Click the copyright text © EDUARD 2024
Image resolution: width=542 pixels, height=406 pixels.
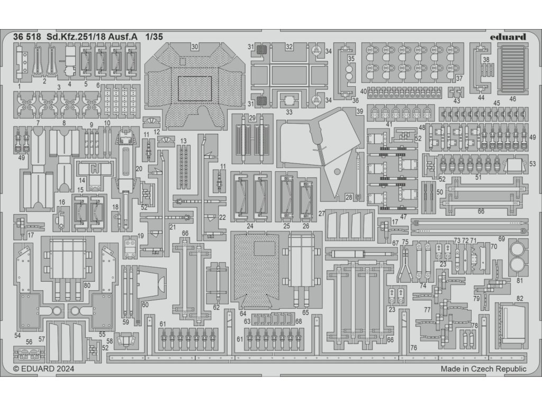click(x=40, y=369)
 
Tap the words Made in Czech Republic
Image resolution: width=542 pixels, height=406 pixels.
click(x=483, y=369)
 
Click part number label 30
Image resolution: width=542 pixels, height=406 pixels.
click(x=195, y=47)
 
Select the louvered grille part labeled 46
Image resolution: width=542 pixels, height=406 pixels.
click(x=513, y=69)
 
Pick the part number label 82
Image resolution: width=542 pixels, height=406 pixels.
click(x=520, y=299)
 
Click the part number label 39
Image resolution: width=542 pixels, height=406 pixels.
click(x=359, y=111)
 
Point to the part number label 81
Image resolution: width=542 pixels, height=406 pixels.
click(x=520, y=281)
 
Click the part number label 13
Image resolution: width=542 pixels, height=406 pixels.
click(x=183, y=141)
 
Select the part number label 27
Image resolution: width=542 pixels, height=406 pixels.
click(x=321, y=214)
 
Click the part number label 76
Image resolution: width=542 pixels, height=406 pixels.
click(x=413, y=347)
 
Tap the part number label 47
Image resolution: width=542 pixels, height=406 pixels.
click(x=404, y=217)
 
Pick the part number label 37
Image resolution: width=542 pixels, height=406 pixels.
click(x=459, y=78)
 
